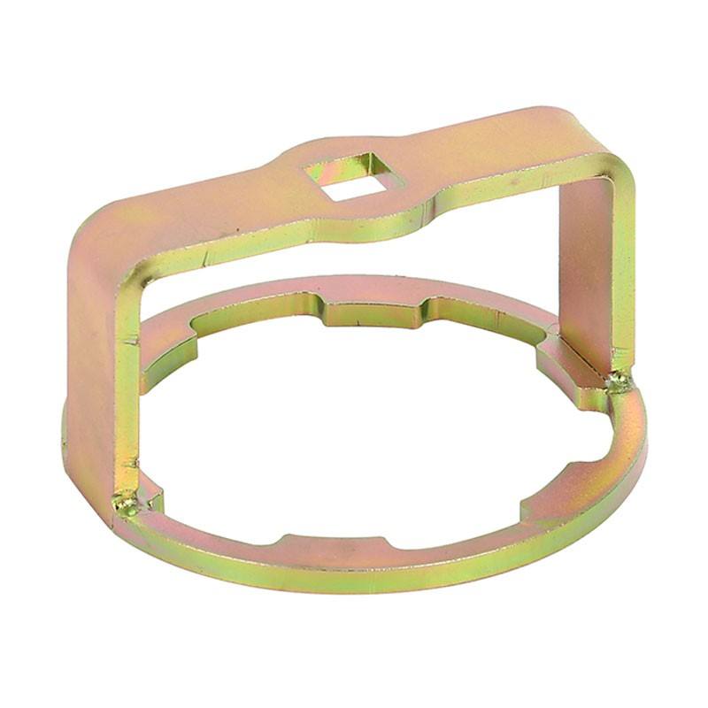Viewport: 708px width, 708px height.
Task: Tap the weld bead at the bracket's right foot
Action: click(619, 381)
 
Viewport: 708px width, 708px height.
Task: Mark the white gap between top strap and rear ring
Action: click(354, 261)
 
